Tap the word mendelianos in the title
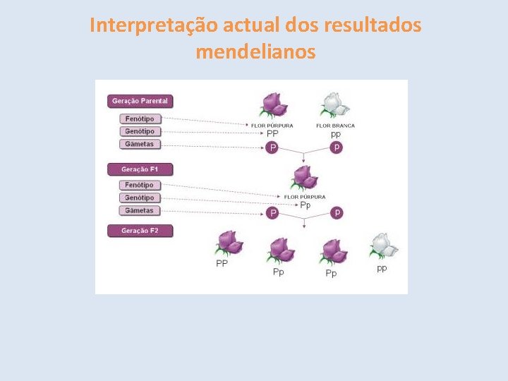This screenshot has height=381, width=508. click(x=255, y=52)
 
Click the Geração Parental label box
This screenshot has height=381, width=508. click(x=140, y=101)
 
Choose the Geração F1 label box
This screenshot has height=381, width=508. click(x=140, y=169)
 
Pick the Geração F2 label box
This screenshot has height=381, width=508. click(x=140, y=231)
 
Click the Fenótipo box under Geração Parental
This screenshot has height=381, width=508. click(x=140, y=119)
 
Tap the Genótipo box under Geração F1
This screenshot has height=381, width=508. click(x=140, y=198)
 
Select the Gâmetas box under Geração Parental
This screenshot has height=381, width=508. click(x=140, y=145)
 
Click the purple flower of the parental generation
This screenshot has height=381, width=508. click(x=273, y=105)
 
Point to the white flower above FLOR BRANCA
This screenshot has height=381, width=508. click(x=335, y=105)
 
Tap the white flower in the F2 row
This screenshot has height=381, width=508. click(x=383, y=246)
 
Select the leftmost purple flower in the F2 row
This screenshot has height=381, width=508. click(x=229, y=244)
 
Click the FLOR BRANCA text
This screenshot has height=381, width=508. click(x=335, y=126)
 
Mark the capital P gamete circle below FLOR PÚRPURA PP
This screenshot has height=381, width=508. click(x=273, y=148)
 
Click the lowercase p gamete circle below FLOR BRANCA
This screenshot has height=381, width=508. click(x=337, y=147)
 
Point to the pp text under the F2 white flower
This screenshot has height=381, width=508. click(x=382, y=268)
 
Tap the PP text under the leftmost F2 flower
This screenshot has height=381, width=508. click(x=222, y=263)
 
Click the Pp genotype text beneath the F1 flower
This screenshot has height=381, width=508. click(x=306, y=205)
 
